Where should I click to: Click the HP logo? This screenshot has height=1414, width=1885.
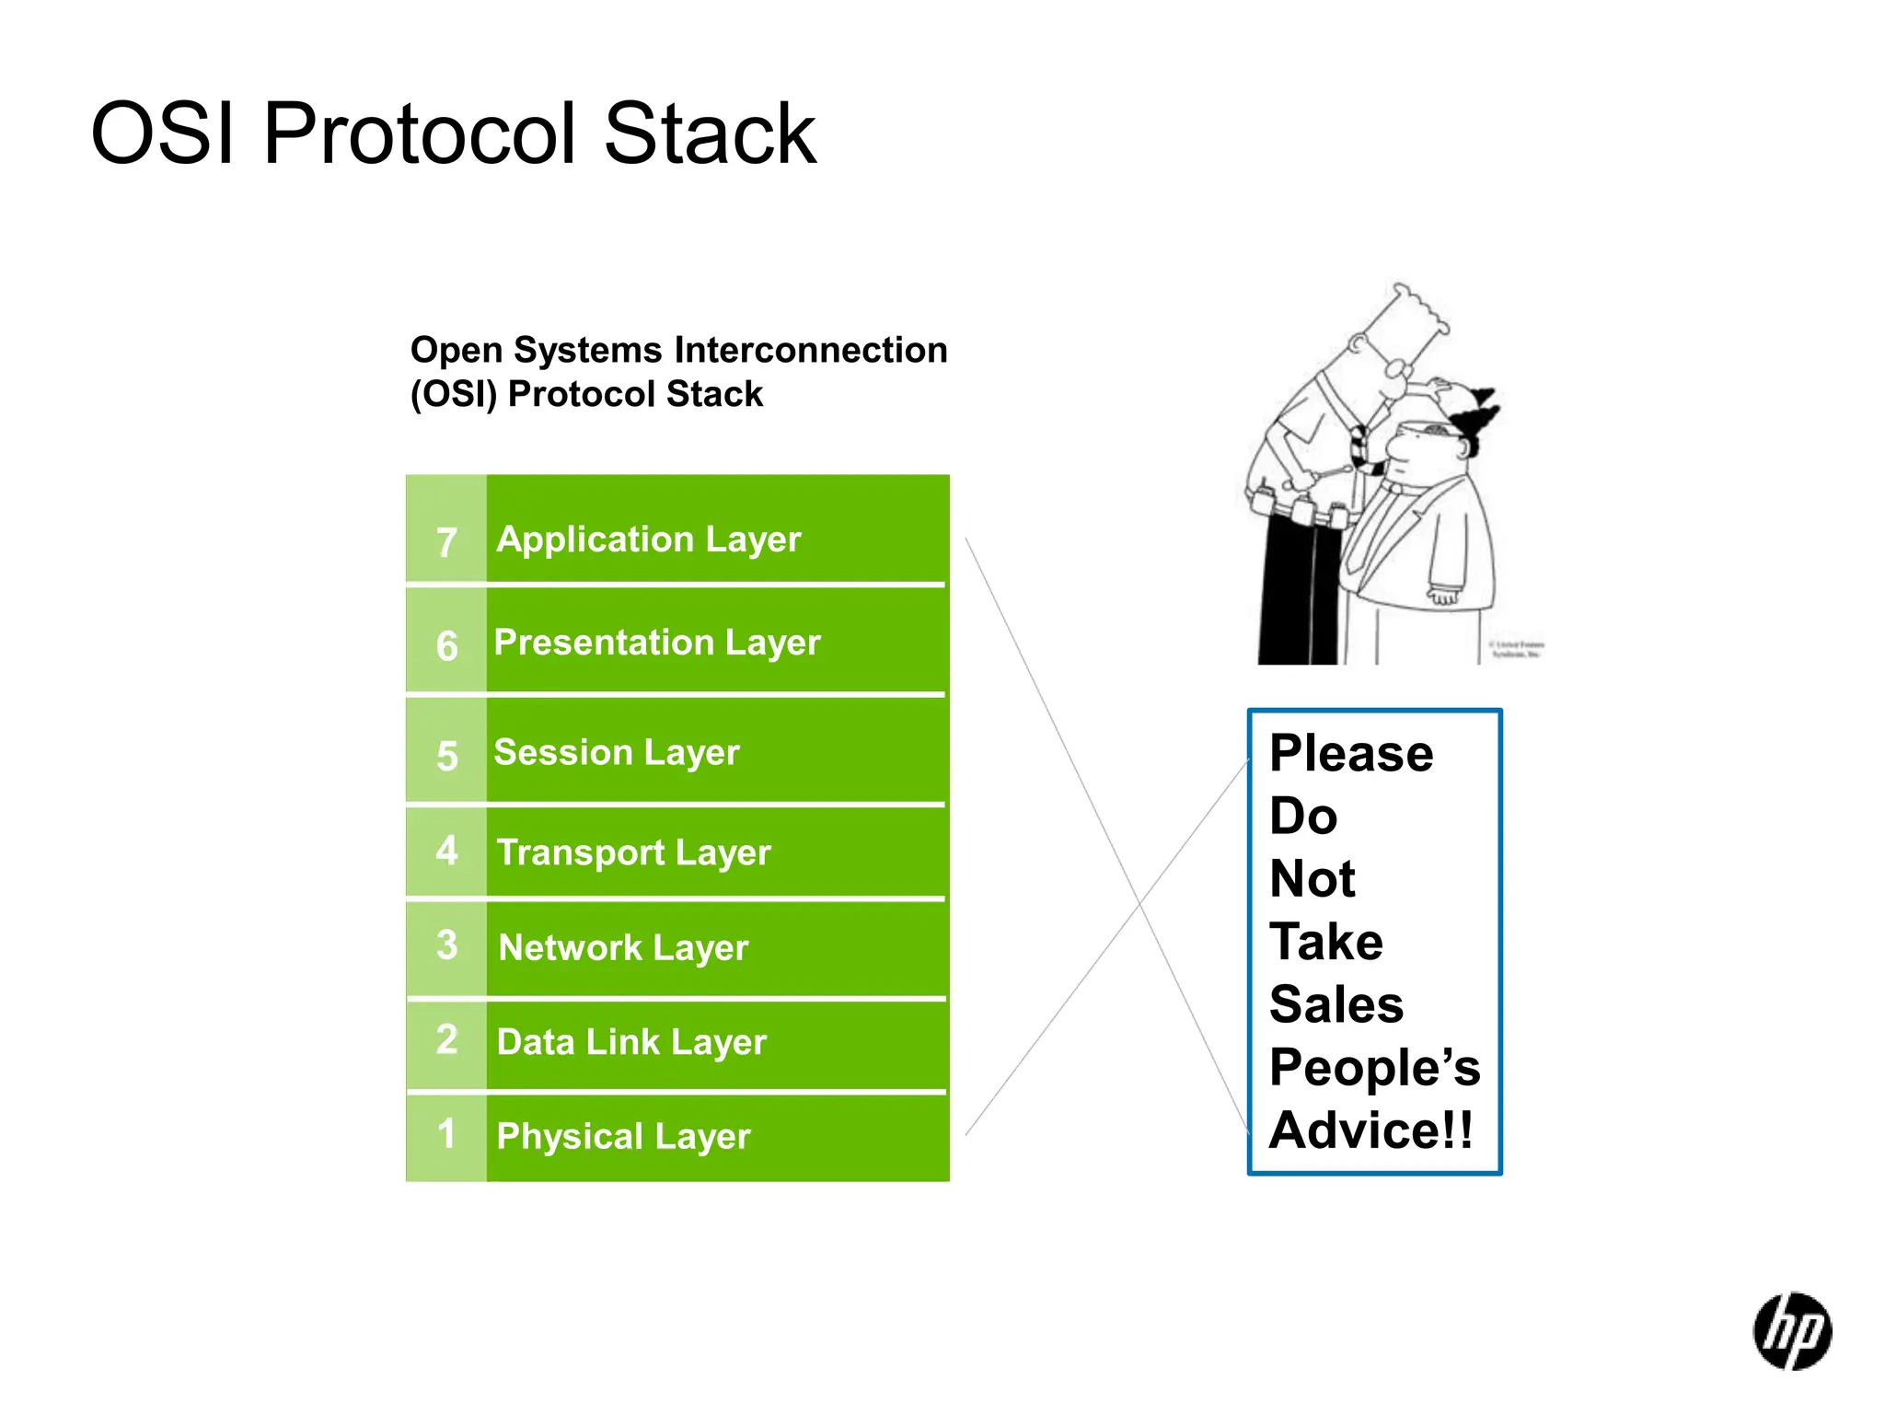coord(1791,1331)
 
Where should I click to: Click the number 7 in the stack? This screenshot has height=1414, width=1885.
coord(446,542)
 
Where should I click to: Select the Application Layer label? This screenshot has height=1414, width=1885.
coord(649,539)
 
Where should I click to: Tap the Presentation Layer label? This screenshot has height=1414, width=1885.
coord(656,643)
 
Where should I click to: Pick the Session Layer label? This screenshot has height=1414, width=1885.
coord(616,753)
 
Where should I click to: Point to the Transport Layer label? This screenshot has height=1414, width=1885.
coord(633,852)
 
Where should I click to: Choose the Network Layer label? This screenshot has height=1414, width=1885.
coord(623,948)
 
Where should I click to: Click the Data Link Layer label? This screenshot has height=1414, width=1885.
coord(630,1042)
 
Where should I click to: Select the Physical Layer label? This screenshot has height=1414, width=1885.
coord(623,1137)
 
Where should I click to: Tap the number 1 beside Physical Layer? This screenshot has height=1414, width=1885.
coord(446,1133)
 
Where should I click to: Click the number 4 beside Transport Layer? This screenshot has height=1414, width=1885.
coord(446,850)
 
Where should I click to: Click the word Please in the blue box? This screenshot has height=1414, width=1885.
coord(1350,754)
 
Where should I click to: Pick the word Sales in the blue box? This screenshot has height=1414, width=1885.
coord(1336,1004)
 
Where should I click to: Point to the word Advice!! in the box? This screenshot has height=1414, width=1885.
coord(1370,1130)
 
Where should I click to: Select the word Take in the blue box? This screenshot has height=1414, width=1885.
coord(1325,942)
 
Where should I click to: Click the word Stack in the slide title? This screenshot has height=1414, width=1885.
coord(709,134)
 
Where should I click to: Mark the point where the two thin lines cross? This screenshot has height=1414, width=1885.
coord(1139,903)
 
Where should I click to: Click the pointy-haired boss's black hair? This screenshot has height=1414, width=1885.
coord(1475,414)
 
